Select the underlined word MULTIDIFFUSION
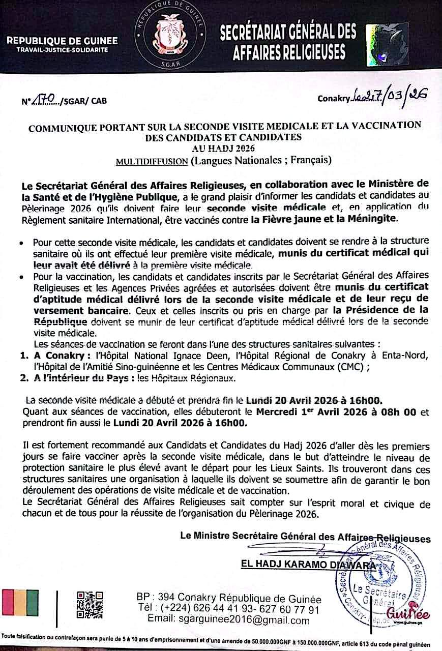[152, 162]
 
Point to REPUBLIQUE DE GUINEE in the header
[63, 40]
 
